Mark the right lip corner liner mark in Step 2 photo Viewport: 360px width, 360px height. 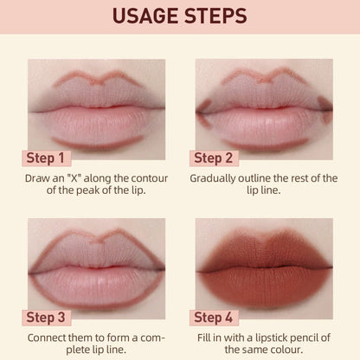pyautogui.click(x=324, y=106)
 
